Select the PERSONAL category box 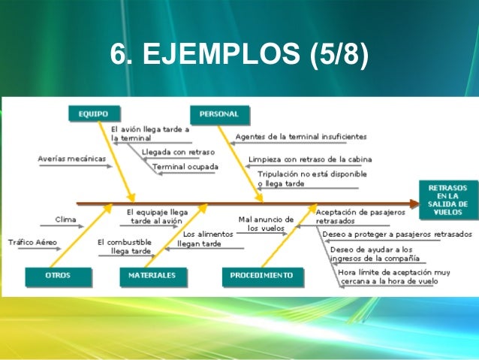coord(219,114)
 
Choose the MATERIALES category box coord(152,275)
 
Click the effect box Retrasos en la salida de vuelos coord(447,199)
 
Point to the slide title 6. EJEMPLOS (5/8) coord(239,56)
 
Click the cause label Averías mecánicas coord(71,159)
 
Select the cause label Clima coord(65,219)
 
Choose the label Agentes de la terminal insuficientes coord(301,137)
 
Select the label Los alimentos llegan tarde coord(202,239)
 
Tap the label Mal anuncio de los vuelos coord(266,223)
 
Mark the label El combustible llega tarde coord(125,247)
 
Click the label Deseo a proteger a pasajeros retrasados coord(396,234)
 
